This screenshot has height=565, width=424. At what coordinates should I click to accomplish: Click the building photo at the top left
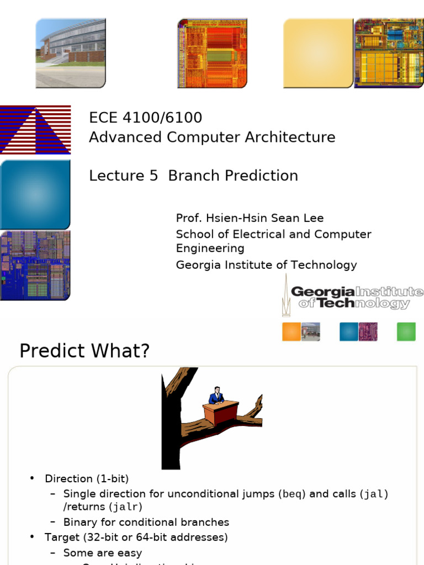(71, 53)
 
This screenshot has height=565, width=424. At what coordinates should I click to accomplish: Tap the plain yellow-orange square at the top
(318, 53)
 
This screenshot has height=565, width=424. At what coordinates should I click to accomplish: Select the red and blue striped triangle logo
(35, 130)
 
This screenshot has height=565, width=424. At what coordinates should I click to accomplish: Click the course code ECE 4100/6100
(146, 118)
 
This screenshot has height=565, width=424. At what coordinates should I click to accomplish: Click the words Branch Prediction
(232, 175)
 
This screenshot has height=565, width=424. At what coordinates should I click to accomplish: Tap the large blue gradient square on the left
(35, 195)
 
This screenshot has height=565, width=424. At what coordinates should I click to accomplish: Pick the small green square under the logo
(406, 332)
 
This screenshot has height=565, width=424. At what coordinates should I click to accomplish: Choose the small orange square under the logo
(291, 332)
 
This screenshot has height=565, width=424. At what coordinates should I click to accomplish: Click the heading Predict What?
(84, 351)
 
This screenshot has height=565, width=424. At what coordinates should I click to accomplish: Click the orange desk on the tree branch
(221, 412)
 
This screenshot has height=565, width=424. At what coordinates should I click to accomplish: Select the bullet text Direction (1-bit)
(87, 479)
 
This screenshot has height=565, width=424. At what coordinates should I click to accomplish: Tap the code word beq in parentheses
(292, 494)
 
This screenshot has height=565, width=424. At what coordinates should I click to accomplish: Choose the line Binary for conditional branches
(146, 522)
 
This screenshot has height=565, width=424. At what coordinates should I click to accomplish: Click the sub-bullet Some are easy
(102, 552)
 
